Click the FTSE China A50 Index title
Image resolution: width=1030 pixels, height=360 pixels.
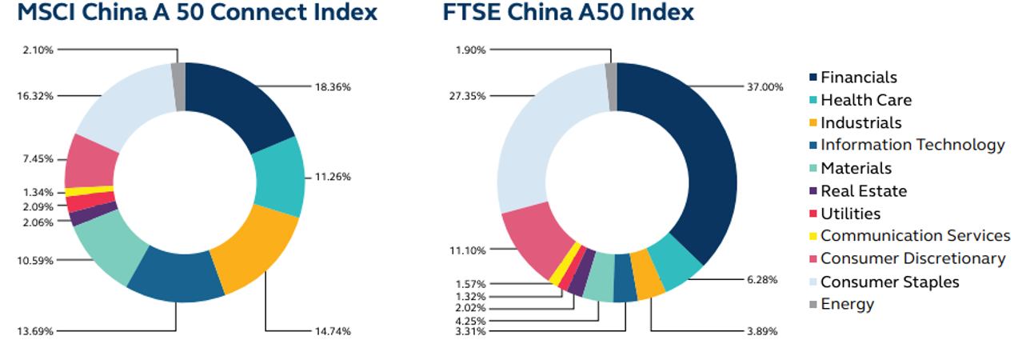(x=568, y=14)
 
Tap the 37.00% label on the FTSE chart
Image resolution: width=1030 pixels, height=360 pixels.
(x=765, y=87)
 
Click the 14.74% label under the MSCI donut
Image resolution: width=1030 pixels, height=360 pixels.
(x=333, y=330)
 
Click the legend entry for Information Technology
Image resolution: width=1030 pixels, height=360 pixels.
(x=912, y=145)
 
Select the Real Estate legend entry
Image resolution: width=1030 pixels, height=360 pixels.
(x=864, y=191)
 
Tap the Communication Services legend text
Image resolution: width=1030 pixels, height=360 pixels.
(x=915, y=235)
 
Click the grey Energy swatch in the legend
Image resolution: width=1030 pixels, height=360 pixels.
(x=812, y=304)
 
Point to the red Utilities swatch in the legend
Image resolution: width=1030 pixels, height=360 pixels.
(x=812, y=214)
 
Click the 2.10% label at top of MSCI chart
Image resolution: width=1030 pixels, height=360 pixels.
(x=38, y=50)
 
